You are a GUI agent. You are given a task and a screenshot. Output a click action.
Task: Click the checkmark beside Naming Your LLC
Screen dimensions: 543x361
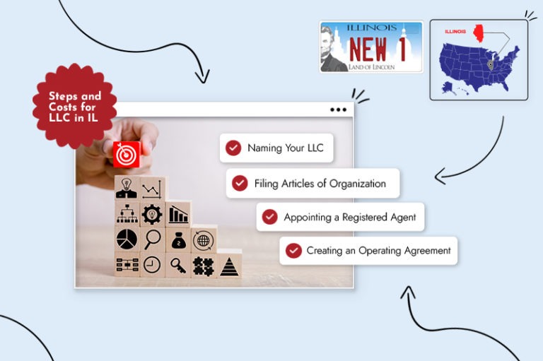point(233,148)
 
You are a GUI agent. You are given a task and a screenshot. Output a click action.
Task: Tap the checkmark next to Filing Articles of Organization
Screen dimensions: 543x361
point(240,183)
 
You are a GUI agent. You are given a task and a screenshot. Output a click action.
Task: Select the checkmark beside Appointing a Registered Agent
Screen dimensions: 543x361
point(270,217)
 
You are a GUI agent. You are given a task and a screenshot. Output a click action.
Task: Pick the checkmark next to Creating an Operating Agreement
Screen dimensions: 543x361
point(293,251)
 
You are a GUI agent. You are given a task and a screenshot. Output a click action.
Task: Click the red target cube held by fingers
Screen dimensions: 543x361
point(127,155)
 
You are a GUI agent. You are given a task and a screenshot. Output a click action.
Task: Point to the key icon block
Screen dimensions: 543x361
point(178,265)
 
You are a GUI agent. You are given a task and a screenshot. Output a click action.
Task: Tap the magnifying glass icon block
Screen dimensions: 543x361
point(153,239)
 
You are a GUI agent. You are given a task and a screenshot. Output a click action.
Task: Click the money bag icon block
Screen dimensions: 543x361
point(178,239)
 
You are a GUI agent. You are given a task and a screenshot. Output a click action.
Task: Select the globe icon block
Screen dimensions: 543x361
point(204,239)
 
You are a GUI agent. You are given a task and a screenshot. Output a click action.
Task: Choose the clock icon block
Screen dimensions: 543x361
point(153,265)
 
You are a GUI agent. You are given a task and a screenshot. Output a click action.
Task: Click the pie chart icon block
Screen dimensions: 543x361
point(127,239)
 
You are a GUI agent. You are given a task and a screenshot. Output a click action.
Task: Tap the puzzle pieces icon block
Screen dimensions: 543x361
point(204,266)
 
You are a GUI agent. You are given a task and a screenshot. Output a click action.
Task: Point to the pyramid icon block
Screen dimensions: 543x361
point(229,265)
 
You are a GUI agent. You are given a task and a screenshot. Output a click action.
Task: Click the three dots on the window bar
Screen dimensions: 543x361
point(339,110)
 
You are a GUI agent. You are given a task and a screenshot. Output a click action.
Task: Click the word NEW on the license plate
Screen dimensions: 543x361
point(368,49)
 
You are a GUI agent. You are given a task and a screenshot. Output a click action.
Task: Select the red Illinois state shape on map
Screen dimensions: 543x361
point(479,33)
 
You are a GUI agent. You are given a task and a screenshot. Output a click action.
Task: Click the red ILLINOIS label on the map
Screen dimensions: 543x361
point(455,32)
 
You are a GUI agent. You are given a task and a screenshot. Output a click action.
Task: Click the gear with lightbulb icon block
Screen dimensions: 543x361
point(153,214)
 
